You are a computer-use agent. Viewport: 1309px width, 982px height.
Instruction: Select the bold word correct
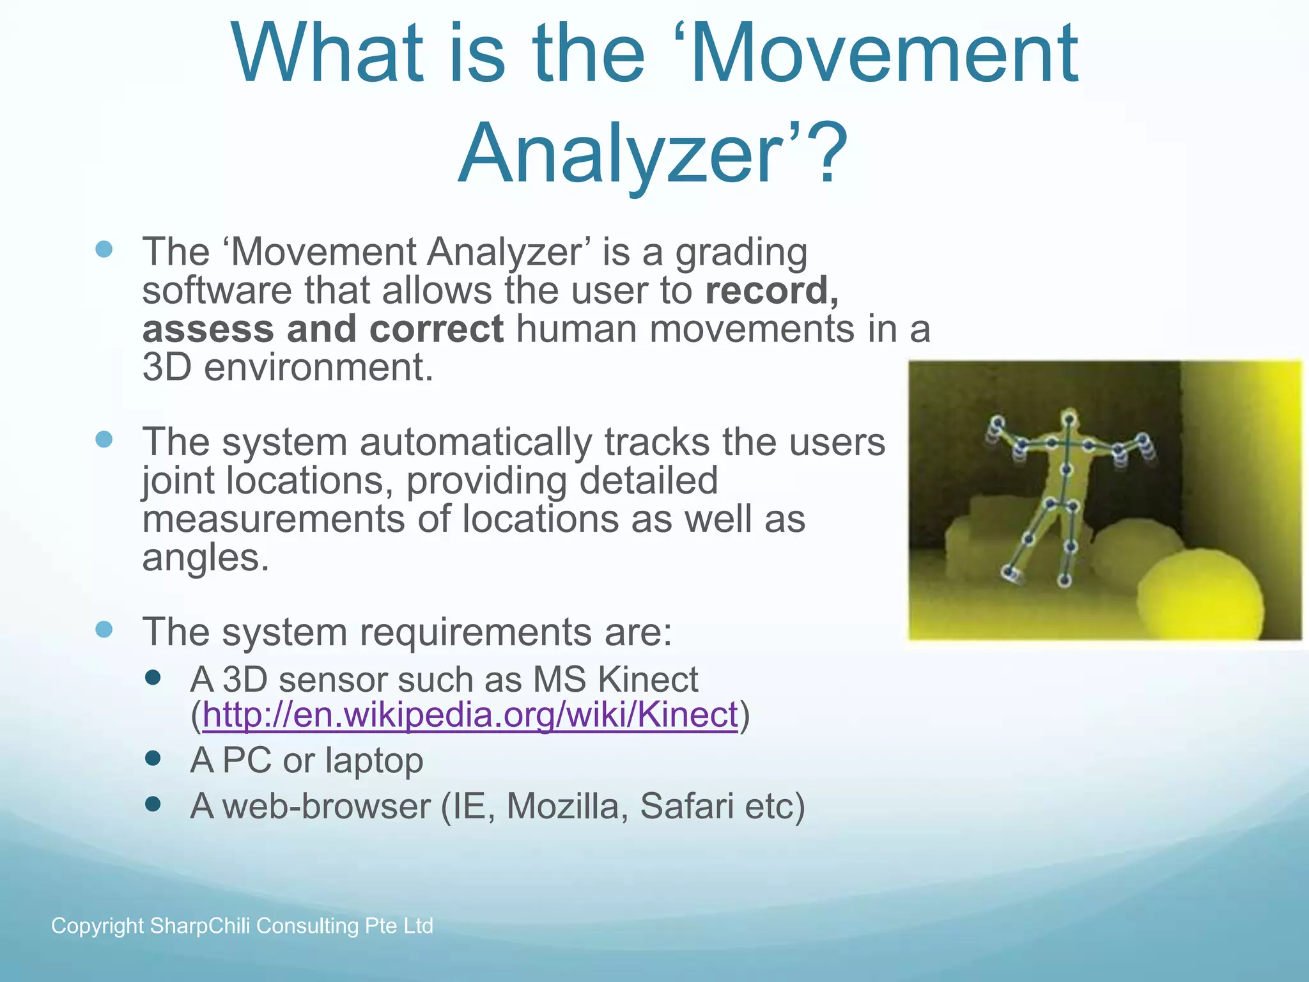click(x=437, y=329)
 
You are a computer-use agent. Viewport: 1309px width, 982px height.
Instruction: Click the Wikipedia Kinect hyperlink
click(x=470, y=715)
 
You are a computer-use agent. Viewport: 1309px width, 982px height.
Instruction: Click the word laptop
click(x=374, y=761)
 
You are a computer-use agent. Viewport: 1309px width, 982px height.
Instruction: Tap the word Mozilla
click(x=562, y=806)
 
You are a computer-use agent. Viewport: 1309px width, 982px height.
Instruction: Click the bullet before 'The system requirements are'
click(x=104, y=629)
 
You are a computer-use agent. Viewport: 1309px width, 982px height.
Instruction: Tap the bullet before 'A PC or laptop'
click(x=153, y=758)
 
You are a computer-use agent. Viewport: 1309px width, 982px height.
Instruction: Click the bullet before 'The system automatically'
click(x=104, y=439)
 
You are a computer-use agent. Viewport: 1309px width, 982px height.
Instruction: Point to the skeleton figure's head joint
click(x=1068, y=419)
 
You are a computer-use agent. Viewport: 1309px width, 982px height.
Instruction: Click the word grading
click(x=741, y=253)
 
